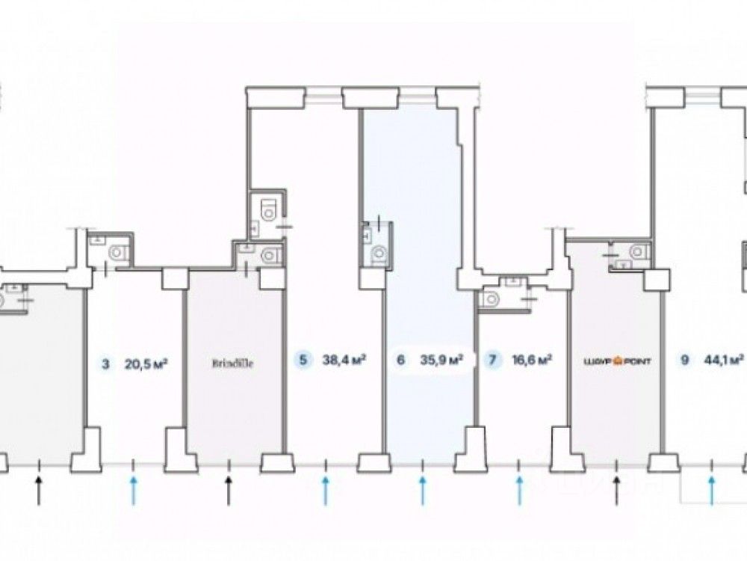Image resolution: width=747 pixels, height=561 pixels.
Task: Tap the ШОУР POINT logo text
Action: point(616,362)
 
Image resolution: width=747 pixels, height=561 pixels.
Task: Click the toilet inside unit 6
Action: point(380,255)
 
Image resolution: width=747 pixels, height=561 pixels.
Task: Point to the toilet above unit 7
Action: point(491,299)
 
